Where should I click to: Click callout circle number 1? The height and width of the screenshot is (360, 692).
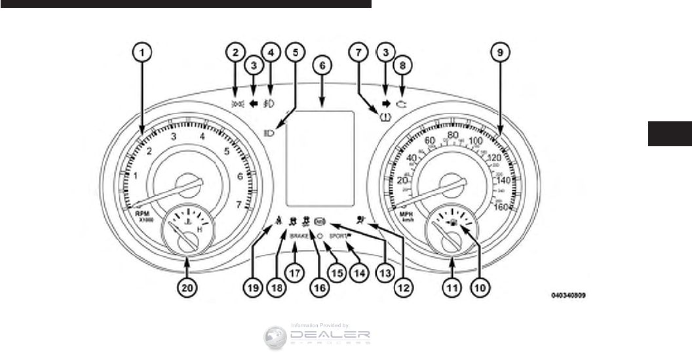[x=144, y=50]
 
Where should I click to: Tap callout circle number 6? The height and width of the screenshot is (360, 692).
[x=322, y=66]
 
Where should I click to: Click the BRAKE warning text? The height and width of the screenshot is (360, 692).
[x=299, y=233]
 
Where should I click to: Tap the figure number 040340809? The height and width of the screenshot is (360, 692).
[x=568, y=296]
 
